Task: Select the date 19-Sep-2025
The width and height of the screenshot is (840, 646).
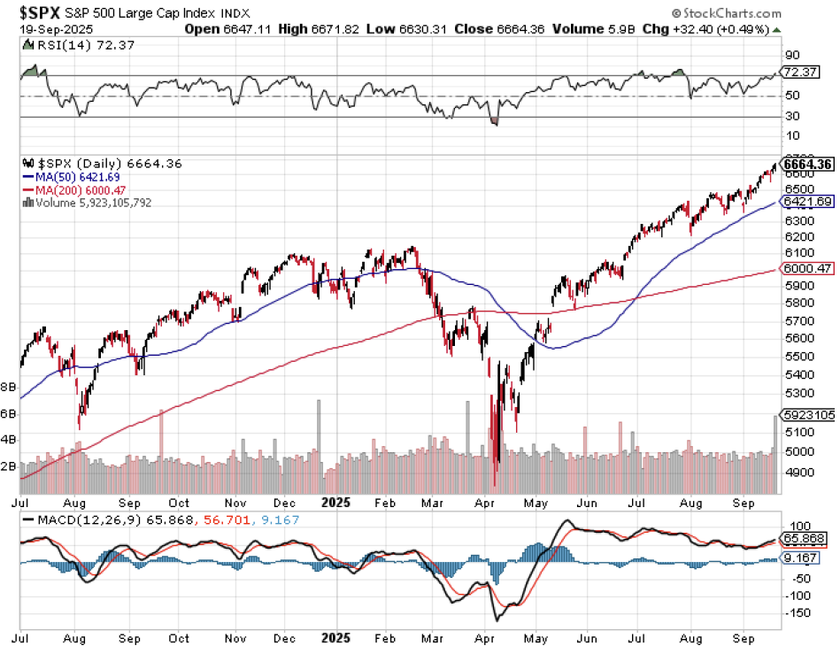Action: [47, 29]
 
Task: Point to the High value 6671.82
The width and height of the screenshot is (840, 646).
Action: [332, 29]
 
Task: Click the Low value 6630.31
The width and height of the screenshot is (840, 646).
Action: [416, 29]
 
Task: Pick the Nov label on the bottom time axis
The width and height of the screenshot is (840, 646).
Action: [235, 637]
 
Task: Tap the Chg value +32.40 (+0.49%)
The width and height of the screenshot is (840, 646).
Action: [708, 29]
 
